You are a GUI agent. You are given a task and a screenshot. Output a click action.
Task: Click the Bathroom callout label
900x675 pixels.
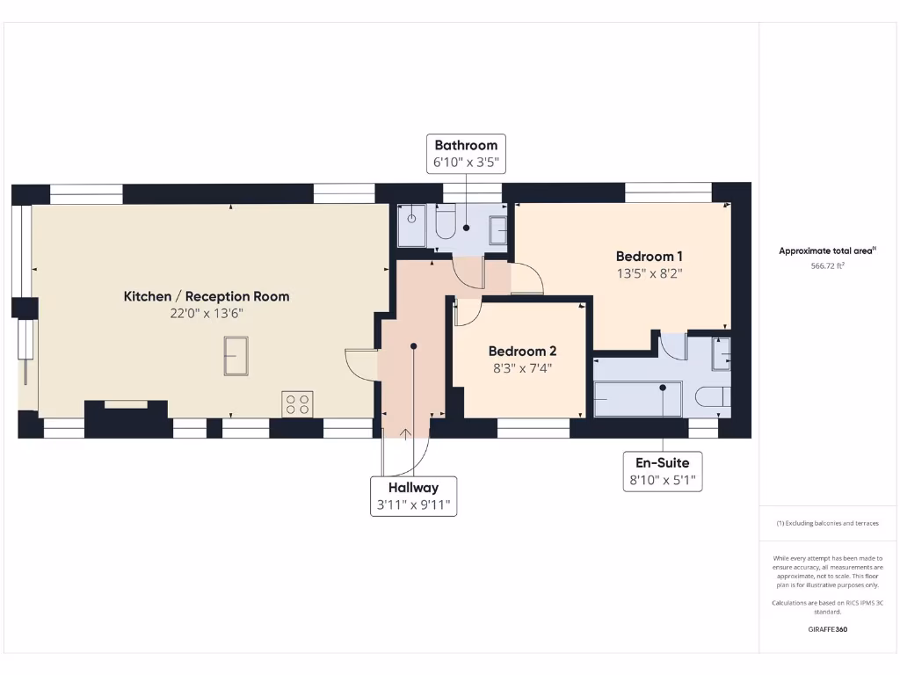coord(465,145)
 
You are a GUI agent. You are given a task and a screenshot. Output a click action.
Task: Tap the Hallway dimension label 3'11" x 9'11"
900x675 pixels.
coord(413,505)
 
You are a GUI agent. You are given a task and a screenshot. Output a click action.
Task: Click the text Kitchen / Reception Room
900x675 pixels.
coord(206,296)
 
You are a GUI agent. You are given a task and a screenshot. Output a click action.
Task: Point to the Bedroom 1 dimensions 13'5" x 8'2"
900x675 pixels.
coord(650,273)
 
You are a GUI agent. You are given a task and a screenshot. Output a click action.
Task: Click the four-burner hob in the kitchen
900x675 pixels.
coord(297,403)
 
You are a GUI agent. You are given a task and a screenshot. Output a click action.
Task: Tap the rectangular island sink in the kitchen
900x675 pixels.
coord(236,356)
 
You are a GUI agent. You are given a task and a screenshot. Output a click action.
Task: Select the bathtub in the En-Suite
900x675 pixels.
coord(638,398)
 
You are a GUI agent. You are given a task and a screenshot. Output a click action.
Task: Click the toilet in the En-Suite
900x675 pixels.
coord(712,397)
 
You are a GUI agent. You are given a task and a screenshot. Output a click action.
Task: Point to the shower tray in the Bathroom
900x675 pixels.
coord(411,226)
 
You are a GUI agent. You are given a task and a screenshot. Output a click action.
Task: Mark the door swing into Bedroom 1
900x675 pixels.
coord(526,279)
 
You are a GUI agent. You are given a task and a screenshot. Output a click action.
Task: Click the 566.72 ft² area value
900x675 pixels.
coord(827,265)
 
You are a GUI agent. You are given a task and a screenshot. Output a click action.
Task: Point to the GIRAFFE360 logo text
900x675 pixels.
coord(827,629)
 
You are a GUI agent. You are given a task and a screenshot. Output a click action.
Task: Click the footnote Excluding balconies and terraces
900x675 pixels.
coord(827,523)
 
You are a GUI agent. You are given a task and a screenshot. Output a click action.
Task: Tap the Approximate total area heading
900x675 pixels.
coord(827,250)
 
